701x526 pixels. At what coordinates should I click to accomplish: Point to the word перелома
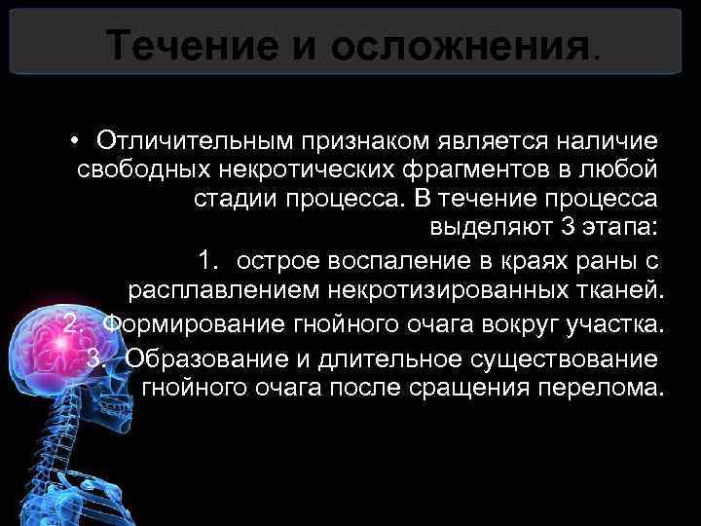pos(604,389)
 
